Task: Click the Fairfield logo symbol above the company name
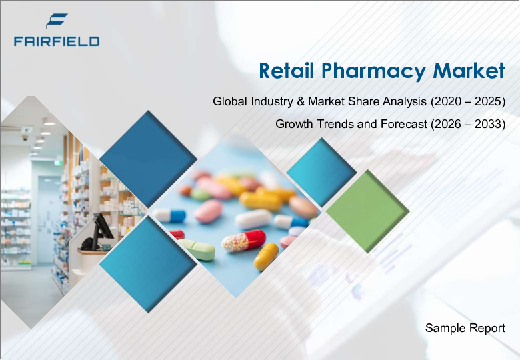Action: coord(57,21)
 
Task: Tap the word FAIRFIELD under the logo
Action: coord(57,41)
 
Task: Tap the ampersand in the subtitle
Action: coord(301,101)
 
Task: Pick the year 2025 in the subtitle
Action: coord(488,101)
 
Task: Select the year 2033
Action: coord(488,124)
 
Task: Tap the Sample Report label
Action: coord(465,328)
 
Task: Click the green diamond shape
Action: coord(367,211)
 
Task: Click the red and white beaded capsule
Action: coord(244,240)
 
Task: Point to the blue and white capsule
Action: coord(169,215)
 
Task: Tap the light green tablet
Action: coord(197,249)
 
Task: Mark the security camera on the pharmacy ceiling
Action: coord(25,138)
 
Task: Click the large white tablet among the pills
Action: coord(254,219)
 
